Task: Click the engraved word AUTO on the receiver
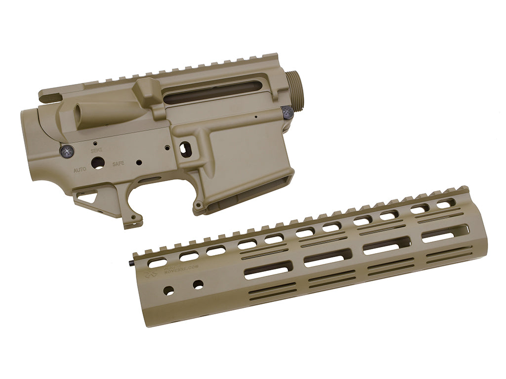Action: (x=80, y=169)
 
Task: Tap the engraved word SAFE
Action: (x=119, y=164)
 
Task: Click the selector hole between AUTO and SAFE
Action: (x=98, y=163)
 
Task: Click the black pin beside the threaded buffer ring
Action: (x=288, y=113)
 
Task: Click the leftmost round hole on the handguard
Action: (x=169, y=291)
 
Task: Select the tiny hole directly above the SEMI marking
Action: (x=95, y=143)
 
